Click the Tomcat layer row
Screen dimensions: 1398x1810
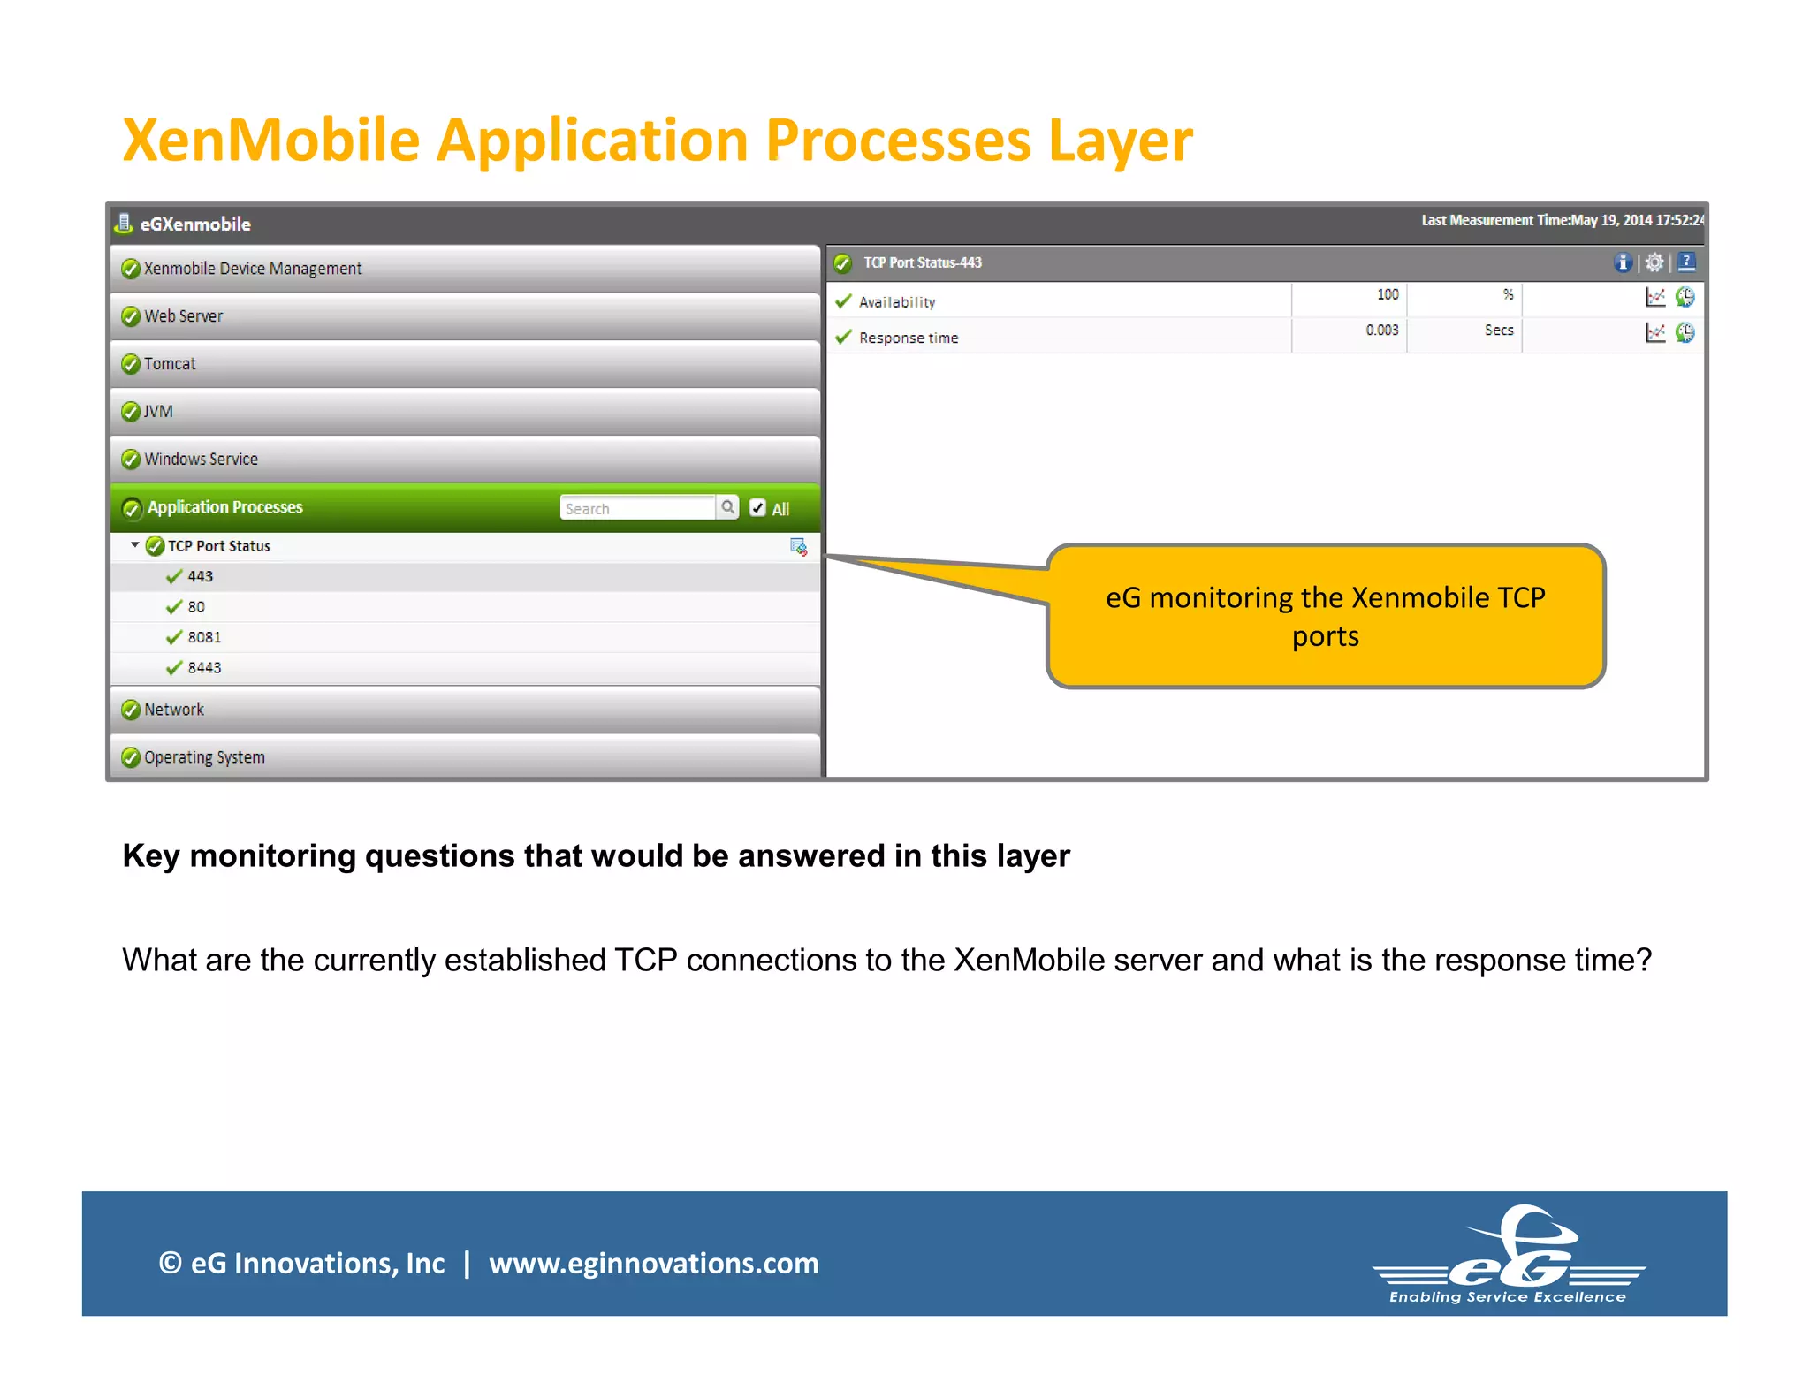170,364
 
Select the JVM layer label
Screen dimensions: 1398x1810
158,412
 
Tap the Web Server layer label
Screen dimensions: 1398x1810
183,316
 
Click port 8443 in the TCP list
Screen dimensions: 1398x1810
204,668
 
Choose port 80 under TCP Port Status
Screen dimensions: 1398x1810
196,607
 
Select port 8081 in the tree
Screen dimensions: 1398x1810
204,637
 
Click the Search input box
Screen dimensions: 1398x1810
636,508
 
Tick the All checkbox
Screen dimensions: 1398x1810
757,508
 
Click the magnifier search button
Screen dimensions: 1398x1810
727,507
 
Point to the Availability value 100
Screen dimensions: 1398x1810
1387,295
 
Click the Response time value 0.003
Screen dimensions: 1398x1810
1381,331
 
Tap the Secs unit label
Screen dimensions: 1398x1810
1498,331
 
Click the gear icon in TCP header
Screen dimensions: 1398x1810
1654,262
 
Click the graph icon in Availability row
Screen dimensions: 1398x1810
1655,298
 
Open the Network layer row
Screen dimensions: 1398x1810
174,710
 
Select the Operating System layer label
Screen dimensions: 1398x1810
204,757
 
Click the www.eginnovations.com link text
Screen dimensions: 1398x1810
653,1264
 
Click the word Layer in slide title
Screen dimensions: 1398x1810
1120,141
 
